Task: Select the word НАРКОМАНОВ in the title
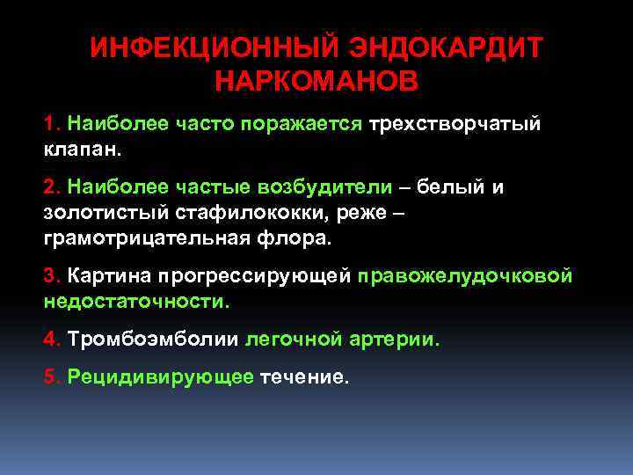tap(316, 82)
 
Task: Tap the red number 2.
tap(49, 187)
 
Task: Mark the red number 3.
tap(49, 276)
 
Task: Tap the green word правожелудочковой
tap(465, 276)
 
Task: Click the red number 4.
tap(49, 339)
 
